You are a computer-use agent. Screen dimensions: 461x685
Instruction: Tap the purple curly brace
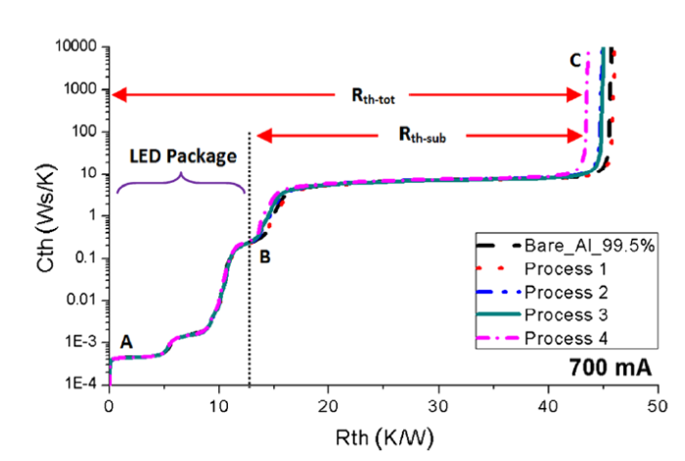point(180,181)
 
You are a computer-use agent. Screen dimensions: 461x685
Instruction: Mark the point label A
point(125,342)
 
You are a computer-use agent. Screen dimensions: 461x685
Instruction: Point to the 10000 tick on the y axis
point(74,47)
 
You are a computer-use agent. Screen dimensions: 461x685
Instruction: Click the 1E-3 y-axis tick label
point(82,343)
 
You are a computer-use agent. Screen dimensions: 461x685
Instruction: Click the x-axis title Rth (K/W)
point(383,432)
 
